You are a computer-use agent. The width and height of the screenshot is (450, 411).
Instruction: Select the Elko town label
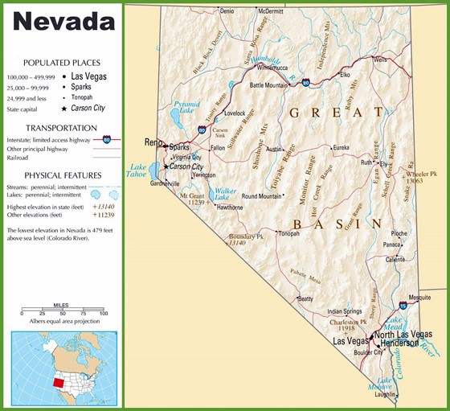pyautogui.click(x=345, y=74)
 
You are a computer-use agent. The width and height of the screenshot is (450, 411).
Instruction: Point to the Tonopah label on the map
pyautogui.click(x=288, y=233)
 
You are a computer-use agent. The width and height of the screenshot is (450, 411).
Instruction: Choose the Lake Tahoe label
pyautogui.click(x=138, y=171)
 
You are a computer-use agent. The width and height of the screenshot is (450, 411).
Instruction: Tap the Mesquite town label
pyautogui.click(x=419, y=297)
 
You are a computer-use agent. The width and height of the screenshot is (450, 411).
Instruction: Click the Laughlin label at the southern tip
pyautogui.click(x=385, y=395)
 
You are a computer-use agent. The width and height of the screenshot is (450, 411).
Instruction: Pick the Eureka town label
pyautogui.click(x=341, y=147)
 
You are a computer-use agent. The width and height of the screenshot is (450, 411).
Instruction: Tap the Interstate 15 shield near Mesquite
pyautogui.click(x=402, y=306)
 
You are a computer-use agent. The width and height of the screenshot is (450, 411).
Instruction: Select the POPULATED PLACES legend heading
pyautogui.click(x=62, y=62)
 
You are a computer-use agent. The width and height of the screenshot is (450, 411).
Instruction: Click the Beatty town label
pyautogui.click(x=305, y=298)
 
